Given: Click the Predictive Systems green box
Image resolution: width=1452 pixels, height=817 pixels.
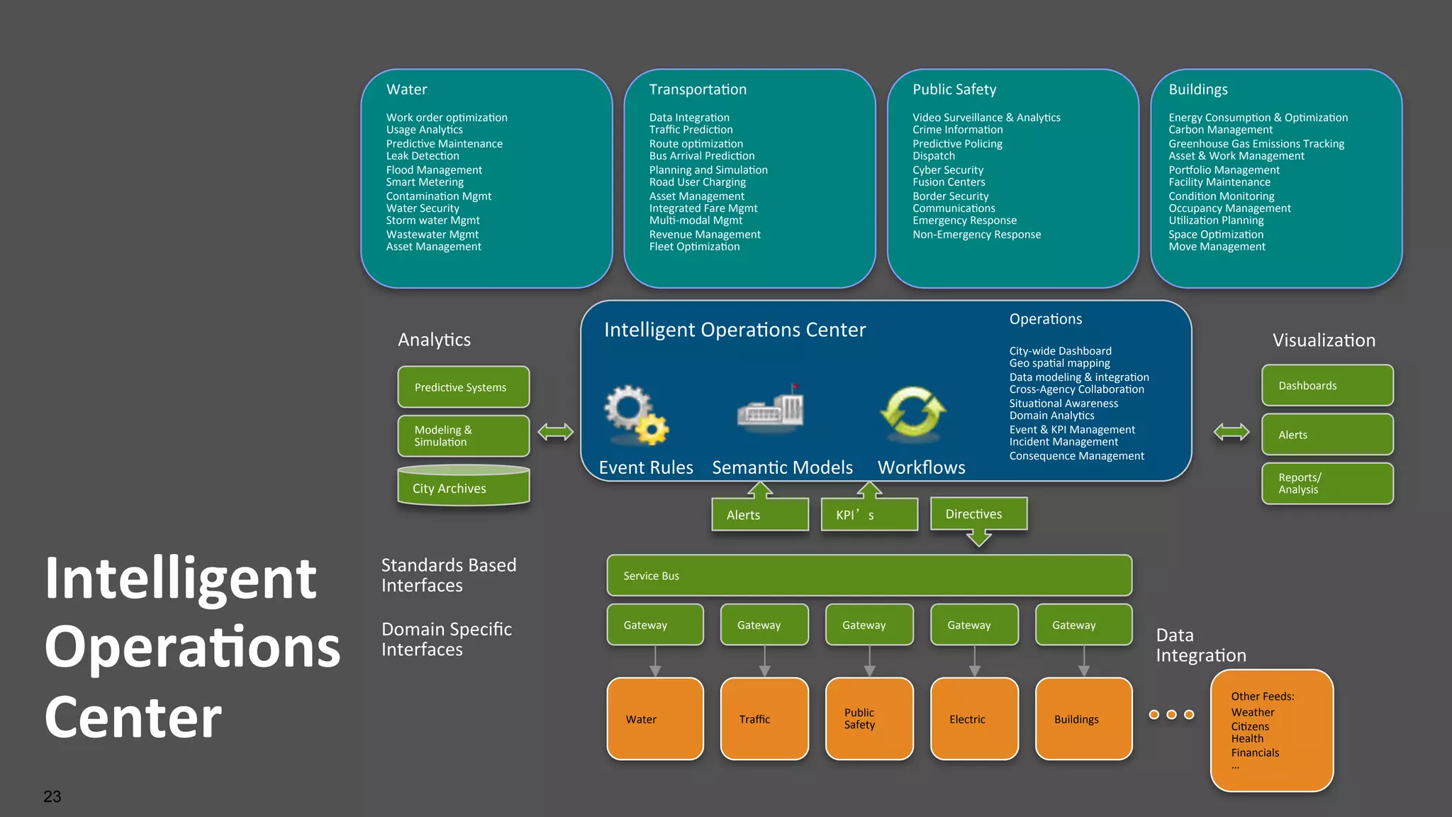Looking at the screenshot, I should click(x=463, y=387).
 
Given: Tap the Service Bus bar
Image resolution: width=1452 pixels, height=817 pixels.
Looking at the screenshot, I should click(x=869, y=575).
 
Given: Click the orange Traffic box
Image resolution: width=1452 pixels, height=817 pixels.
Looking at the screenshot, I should click(x=764, y=718).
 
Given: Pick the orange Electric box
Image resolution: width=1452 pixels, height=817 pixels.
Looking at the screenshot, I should click(x=973, y=718).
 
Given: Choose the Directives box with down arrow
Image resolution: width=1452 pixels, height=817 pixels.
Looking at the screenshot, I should click(x=978, y=515).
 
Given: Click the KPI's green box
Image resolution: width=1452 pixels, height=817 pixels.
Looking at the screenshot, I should click(x=869, y=515).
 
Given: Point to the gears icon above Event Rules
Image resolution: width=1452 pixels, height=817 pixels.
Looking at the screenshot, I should click(x=635, y=414).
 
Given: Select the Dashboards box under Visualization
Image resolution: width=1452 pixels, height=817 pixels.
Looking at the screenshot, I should click(x=1327, y=385).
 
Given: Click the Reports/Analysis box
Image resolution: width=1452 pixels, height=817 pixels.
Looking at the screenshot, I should click(x=1327, y=484).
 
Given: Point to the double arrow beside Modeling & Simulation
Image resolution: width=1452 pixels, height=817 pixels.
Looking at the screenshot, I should click(x=555, y=431).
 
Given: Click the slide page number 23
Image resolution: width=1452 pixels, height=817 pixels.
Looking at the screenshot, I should click(x=52, y=796).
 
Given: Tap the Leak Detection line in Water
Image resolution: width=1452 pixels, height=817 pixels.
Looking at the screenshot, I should click(x=423, y=156).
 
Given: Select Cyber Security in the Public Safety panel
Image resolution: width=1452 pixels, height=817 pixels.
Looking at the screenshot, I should click(x=947, y=170).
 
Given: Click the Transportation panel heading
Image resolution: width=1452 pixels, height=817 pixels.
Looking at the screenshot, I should click(x=697, y=89).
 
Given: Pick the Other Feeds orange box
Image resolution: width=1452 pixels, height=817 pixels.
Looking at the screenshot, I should click(x=1271, y=730).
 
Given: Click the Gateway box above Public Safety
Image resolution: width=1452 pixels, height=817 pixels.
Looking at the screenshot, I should click(x=869, y=625).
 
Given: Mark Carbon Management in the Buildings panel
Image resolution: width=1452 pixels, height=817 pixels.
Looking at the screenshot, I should click(x=1220, y=130).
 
